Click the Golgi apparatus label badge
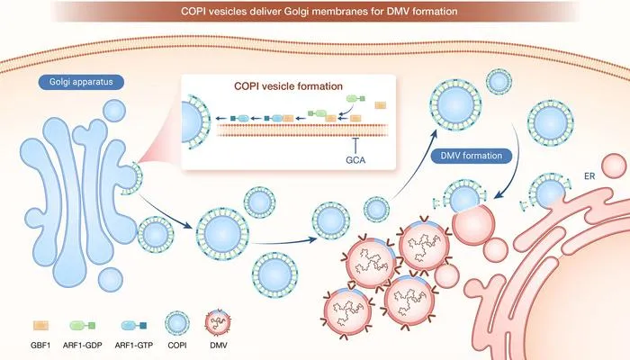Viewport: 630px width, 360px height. tap(81, 82)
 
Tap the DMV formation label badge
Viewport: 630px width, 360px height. tap(472, 156)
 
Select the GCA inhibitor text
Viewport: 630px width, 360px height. tap(355, 160)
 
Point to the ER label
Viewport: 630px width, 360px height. tap(589, 176)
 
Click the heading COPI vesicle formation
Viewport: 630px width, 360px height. tap(289, 86)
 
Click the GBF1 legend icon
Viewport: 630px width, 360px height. tap(40, 326)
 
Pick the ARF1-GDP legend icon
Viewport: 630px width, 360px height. tap(83, 326)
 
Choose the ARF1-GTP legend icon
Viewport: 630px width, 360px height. tap(134, 326)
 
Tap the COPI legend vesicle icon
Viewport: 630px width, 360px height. tap(177, 323)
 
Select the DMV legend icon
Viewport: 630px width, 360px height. tap(219, 323)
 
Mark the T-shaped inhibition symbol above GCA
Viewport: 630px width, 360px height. tap(355, 145)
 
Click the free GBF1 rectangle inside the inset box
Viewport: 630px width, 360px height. tap(381, 105)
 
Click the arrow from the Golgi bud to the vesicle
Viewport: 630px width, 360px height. tap(165, 212)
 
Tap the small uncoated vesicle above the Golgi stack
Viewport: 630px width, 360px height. tap(114, 111)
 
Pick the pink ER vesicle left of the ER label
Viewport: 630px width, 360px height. tap(614, 166)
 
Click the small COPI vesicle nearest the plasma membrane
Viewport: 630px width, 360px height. tap(499, 82)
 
